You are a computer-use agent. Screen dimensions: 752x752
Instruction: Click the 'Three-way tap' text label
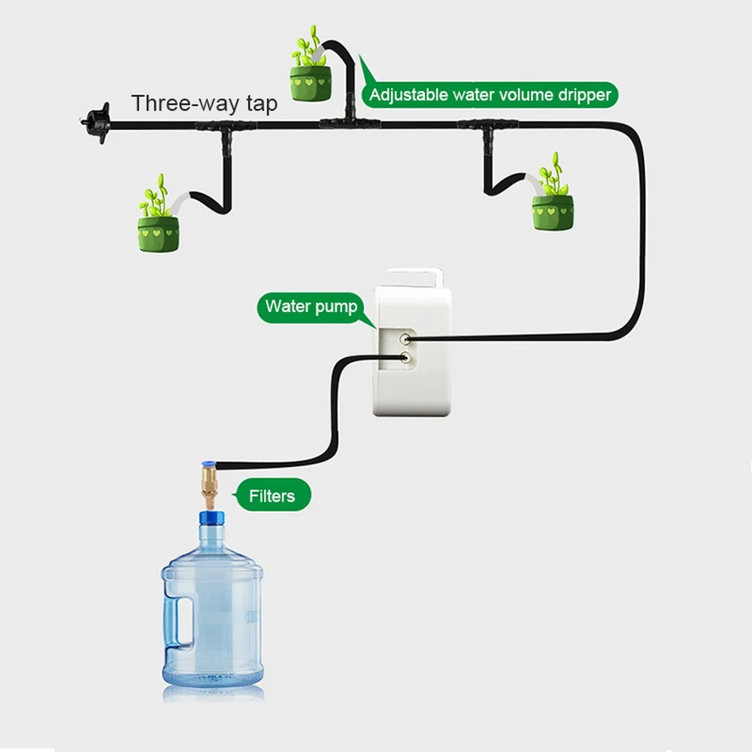(205, 103)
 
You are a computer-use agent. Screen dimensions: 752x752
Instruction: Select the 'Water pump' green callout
(311, 307)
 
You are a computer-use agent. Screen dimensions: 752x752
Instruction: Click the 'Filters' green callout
(271, 496)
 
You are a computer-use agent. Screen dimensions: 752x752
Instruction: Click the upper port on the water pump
(406, 340)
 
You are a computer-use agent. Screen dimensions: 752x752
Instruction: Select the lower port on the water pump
(406, 359)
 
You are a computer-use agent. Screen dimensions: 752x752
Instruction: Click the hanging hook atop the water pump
(414, 277)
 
